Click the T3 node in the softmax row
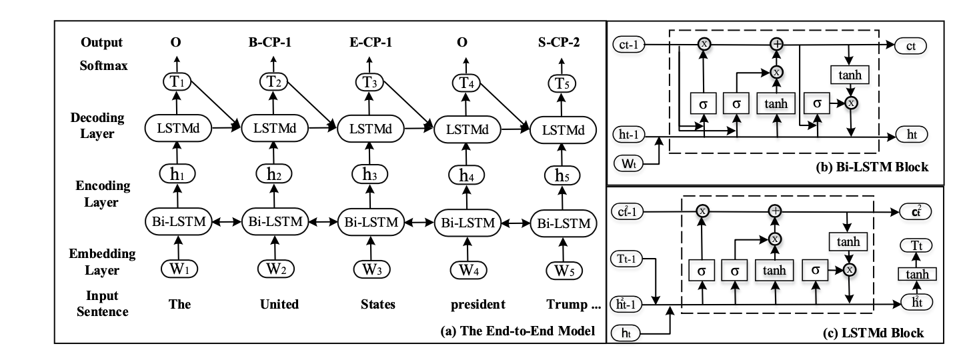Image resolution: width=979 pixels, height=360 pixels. [x=369, y=82]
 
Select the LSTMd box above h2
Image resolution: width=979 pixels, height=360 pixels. [x=275, y=128]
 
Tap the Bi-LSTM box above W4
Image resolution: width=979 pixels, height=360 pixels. [x=467, y=223]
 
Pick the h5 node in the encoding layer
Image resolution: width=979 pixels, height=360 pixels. [x=562, y=175]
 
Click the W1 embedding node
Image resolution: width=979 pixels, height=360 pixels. [x=179, y=269]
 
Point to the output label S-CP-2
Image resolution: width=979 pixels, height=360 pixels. [x=559, y=43]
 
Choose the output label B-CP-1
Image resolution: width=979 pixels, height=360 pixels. [x=269, y=43]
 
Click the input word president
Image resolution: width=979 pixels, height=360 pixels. [x=477, y=304]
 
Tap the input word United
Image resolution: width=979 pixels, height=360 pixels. [x=279, y=304]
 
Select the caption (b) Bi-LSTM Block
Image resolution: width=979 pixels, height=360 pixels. [x=872, y=167]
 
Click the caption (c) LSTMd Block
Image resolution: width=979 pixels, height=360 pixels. [x=873, y=333]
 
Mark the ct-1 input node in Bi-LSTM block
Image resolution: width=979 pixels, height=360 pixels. [x=628, y=45]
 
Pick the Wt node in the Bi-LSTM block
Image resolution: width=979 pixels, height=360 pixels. [x=628, y=163]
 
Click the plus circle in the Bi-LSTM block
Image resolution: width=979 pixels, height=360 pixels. [x=777, y=44]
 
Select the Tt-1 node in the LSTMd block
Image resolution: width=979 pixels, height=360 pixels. [x=626, y=259]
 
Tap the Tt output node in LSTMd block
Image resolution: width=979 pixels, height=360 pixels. [x=916, y=245]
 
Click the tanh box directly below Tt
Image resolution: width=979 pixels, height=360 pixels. [x=917, y=274]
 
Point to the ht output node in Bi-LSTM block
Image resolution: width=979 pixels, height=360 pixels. [x=911, y=134]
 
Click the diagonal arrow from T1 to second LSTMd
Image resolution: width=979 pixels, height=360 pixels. [x=215, y=105]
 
